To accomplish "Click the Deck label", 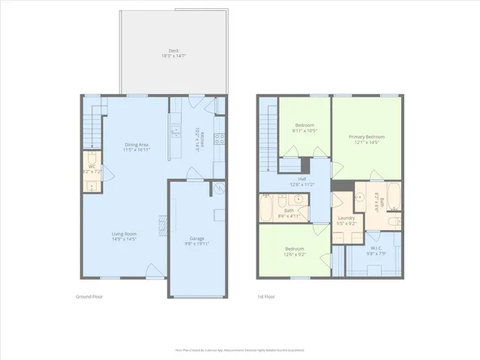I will click(173, 53).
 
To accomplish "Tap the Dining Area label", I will click(136, 148).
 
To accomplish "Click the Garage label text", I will click(197, 241).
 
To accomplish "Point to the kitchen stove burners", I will click(220, 139).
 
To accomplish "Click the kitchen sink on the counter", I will click(175, 132).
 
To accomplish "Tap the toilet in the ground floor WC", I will click(90, 160).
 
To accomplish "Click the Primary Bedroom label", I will click(366, 139).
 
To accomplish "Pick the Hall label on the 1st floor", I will click(302, 181).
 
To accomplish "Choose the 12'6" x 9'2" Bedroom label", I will click(293, 250).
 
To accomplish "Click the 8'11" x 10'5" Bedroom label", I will click(304, 127).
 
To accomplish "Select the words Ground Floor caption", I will click(89, 297).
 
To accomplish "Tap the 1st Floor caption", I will click(266, 297).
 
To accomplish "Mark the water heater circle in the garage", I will click(218, 189).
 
